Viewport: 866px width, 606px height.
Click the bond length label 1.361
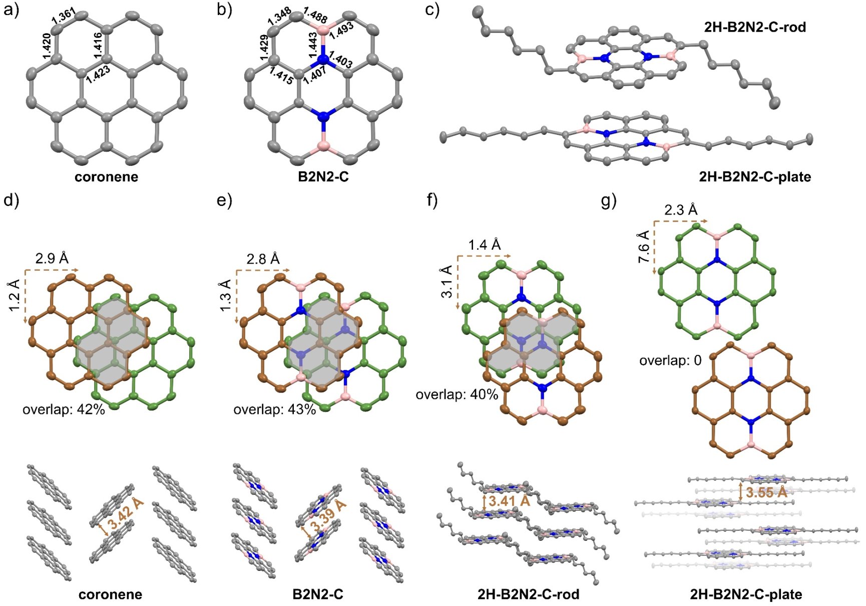(x=64, y=17)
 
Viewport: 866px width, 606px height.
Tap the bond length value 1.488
(x=315, y=16)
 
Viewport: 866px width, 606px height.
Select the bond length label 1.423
(x=98, y=74)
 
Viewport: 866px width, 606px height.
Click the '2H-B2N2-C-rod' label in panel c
(x=755, y=27)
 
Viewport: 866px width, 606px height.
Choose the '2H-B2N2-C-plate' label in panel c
(x=755, y=176)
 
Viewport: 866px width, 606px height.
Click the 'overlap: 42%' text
(x=64, y=410)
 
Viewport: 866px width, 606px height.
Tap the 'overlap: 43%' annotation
(x=274, y=410)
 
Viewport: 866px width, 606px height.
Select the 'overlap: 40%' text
(x=457, y=394)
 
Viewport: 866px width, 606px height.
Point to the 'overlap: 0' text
(x=670, y=360)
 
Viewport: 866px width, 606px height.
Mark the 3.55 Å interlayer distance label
(x=766, y=492)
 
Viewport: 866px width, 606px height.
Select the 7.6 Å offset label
(x=644, y=247)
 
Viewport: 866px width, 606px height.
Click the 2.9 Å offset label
(x=52, y=258)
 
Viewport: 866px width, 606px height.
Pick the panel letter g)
(x=609, y=201)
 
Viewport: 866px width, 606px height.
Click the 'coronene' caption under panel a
(x=106, y=177)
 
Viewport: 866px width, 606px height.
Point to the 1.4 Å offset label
(x=484, y=245)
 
